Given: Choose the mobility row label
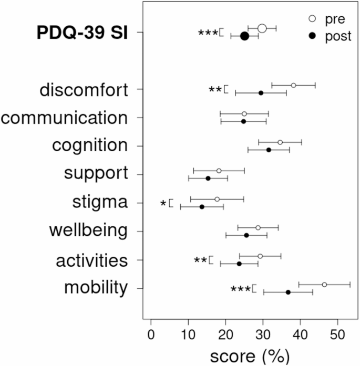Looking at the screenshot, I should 96,288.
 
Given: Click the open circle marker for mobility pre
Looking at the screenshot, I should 324,285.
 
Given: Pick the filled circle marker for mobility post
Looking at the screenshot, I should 288,292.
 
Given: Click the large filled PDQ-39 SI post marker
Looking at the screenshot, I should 244,36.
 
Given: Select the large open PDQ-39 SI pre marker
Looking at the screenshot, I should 262,28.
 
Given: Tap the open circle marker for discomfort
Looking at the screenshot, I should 293,85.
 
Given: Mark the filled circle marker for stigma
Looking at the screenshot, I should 202,207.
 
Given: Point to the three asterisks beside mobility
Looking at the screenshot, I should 240,289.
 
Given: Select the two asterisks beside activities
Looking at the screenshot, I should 200,260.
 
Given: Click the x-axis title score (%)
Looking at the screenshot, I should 250,357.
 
